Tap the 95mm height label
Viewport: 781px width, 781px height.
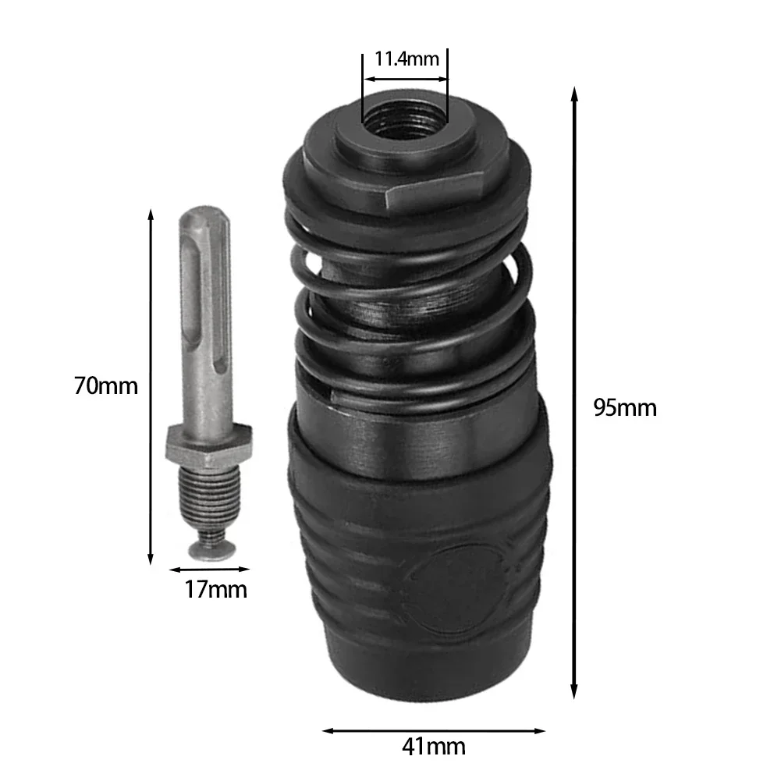pos(624,407)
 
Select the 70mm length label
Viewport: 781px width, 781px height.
pos(106,385)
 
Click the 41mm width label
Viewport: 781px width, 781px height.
pos(434,746)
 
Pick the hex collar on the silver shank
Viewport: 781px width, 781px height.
pos(208,445)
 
